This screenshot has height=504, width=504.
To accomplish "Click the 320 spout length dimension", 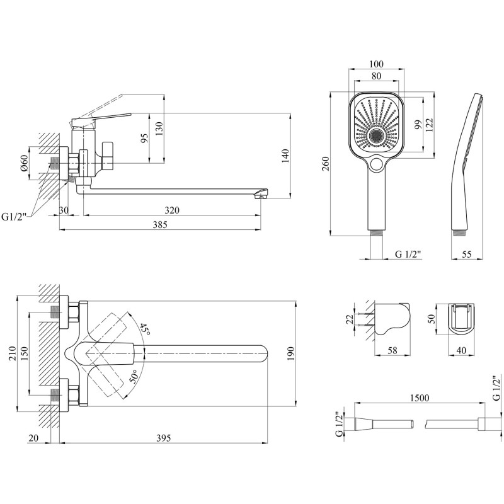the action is [172, 210].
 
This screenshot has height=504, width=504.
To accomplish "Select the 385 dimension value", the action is [160, 224].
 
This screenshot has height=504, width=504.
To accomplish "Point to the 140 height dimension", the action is [285, 156].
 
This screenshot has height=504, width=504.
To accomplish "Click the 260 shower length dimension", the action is [325, 164].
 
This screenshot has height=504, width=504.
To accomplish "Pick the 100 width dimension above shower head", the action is [376, 64].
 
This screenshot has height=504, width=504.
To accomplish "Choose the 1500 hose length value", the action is [420, 398].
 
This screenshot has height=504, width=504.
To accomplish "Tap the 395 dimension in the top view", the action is [163, 438].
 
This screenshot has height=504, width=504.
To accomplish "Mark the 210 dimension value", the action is [12, 353].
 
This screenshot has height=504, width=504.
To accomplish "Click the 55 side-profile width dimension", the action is [466, 254].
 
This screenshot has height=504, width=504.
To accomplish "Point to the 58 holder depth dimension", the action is [392, 350].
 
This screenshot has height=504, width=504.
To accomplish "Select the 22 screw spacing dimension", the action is [350, 319].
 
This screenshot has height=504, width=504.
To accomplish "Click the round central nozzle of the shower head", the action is [375, 136].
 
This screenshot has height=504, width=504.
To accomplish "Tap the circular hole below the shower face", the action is [375, 164].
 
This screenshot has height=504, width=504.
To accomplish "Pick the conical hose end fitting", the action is [364, 424].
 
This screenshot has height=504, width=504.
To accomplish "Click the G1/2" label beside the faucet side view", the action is [14, 217].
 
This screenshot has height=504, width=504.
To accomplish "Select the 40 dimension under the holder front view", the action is [461, 350].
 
